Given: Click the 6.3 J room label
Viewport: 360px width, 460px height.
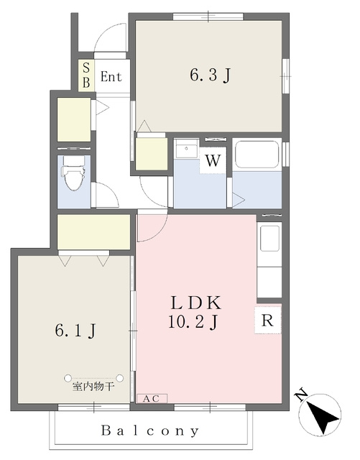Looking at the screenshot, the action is pyautogui.click(x=210, y=75).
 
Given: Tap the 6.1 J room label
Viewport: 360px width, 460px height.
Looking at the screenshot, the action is pyautogui.click(x=75, y=331).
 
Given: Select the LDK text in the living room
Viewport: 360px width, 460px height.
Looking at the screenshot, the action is pyautogui.click(x=196, y=303).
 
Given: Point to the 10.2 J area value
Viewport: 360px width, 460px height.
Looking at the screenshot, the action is pyautogui.click(x=193, y=322).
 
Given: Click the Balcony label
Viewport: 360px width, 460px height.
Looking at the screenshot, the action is pyautogui.click(x=150, y=431).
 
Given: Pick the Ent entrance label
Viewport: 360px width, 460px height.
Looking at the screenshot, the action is pyautogui.click(x=111, y=77).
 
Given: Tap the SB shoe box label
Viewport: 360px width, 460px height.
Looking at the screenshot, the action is pyautogui.click(x=86, y=75).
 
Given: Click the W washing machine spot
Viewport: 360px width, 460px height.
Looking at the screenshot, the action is pyautogui.click(x=213, y=160).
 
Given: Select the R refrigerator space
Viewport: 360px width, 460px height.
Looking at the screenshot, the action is pyautogui.click(x=267, y=320).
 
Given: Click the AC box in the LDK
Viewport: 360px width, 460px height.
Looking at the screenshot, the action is pyautogui.click(x=152, y=399).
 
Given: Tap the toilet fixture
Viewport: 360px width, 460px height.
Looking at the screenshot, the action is pyautogui.click(x=73, y=172).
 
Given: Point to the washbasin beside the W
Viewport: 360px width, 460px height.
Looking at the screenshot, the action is pyautogui.click(x=186, y=149).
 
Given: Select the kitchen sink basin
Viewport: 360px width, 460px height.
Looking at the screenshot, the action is pyautogui.click(x=269, y=238).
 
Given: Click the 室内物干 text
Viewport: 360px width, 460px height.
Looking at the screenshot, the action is pyautogui.click(x=93, y=387).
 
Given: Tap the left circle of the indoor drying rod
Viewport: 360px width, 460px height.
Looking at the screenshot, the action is pyautogui.click(x=68, y=378).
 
